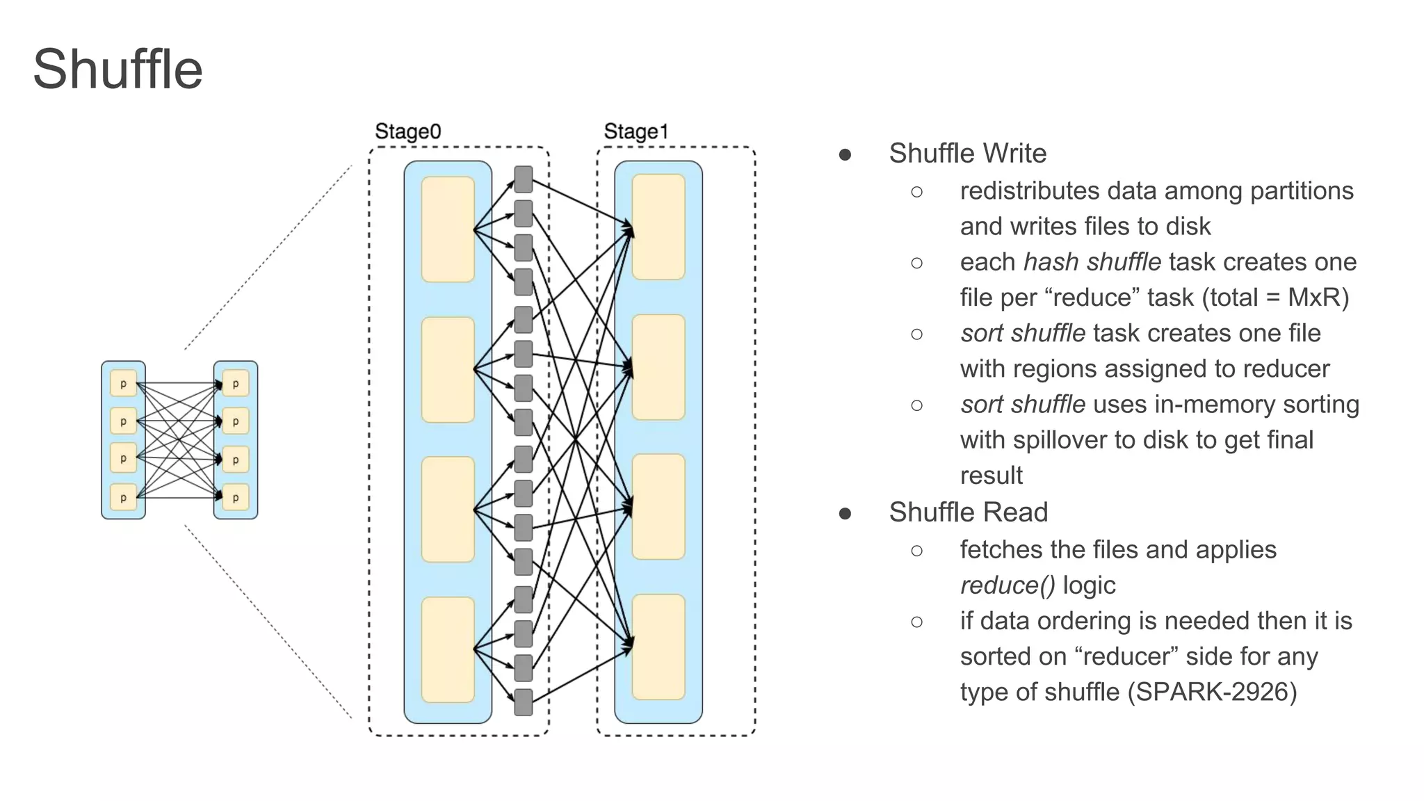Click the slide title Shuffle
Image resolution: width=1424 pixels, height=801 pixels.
click(118, 70)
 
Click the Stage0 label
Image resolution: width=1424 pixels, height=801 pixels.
click(407, 131)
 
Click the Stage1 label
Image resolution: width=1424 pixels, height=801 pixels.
click(636, 131)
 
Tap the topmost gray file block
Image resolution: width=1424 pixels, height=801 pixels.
click(523, 179)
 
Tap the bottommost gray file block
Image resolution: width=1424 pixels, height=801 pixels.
click(523, 702)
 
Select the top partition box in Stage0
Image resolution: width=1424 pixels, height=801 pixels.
click(448, 229)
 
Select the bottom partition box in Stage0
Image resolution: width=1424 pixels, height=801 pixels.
click(448, 649)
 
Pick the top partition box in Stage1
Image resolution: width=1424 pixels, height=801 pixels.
click(658, 227)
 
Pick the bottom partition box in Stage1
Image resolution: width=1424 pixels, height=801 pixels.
click(658, 647)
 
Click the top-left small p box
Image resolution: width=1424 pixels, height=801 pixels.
click(123, 383)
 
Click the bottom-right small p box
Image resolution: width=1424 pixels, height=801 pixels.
click(236, 497)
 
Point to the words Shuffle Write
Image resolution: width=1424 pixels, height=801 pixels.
click(967, 154)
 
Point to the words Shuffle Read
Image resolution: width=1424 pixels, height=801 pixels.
click(968, 512)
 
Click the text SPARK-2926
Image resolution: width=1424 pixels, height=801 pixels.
click(1212, 692)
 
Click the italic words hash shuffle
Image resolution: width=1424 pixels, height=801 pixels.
click(1092, 262)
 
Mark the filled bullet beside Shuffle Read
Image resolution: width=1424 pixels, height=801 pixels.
click(845, 514)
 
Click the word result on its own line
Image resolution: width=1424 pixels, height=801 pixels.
click(991, 476)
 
